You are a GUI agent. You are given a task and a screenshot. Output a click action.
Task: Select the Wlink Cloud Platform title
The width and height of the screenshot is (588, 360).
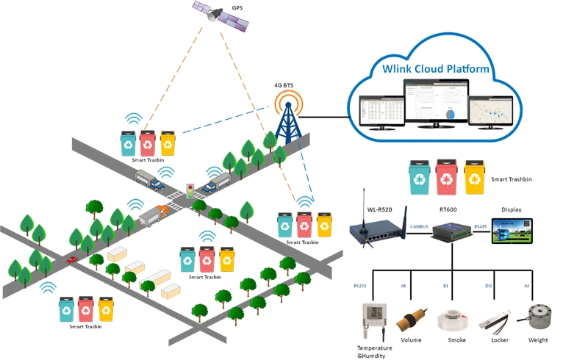(x=436, y=69)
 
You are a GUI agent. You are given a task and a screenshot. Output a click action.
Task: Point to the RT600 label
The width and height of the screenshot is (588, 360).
(x=448, y=209)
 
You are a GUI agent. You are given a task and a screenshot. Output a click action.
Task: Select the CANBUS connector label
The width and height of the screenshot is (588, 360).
(x=419, y=227)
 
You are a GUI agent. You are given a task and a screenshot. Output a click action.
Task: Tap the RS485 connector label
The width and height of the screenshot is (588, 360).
(x=481, y=227)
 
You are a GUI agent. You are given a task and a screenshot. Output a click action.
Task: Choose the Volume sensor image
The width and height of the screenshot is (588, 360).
(x=409, y=322)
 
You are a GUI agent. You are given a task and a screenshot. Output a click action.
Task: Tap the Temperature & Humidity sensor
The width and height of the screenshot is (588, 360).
(x=373, y=321)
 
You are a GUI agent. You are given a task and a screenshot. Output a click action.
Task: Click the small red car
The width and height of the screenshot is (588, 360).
(x=72, y=259)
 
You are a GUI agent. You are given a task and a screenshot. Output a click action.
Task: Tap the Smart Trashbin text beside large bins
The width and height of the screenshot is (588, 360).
(x=512, y=179)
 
